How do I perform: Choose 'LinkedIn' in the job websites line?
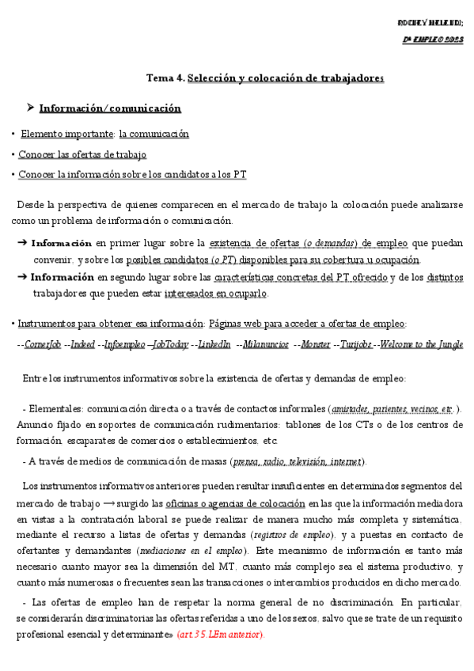pyautogui.click(x=214, y=344)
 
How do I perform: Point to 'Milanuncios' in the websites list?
pyautogui.click(x=266, y=344)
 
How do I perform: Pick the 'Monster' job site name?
pyautogui.click(x=316, y=344)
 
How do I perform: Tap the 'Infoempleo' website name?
pyautogui.click(x=125, y=344)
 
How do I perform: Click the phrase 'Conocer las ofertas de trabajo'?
pyautogui.click(x=82, y=154)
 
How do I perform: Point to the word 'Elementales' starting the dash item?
pyautogui.click(x=55, y=409)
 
